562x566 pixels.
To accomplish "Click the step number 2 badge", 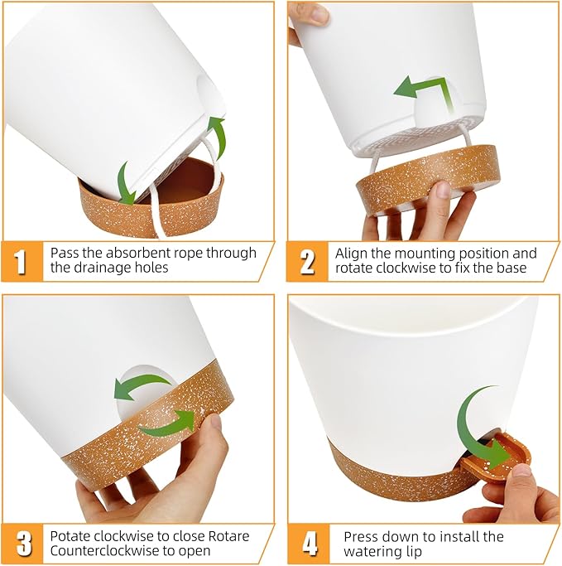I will coord(306,261).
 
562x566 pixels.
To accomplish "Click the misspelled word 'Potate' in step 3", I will coord(70,536).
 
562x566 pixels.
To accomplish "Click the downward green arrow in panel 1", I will coord(124,182).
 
